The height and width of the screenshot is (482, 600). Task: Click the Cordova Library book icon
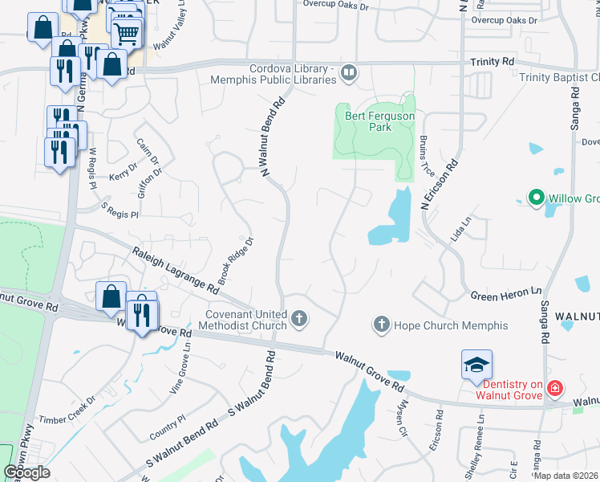pyautogui.click(x=349, y=73)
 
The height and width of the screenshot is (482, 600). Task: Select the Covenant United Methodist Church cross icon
pyautogui.click(x=299, y=319)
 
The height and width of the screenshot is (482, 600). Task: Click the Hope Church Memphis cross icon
pyautogui.click(x=381, y=325)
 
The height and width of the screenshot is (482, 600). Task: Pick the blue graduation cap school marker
pyautogui.click(x=476, y=364)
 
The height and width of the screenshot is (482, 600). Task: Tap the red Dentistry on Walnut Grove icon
pyautogui.click(x=553, y=389)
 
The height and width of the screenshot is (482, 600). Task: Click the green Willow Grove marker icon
pyautogui.click(x=535, y=197)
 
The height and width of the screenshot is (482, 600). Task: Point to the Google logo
pyautogui.click(x=26, y=472)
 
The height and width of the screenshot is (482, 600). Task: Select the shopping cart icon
pyautogui.click(x=126, y=33)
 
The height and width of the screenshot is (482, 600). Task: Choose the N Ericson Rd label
pyautogui.click(x=440, y=185)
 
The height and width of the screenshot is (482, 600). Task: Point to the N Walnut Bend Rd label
pyautogui.click(x=273, y=137)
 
